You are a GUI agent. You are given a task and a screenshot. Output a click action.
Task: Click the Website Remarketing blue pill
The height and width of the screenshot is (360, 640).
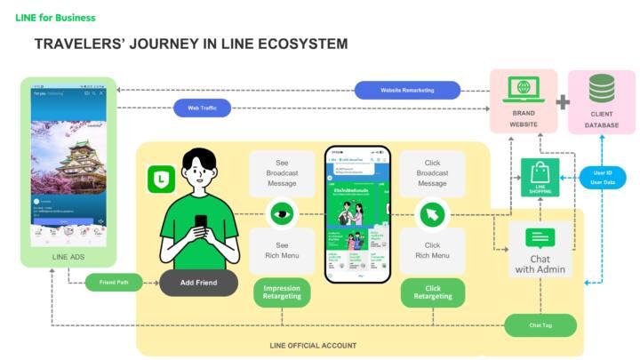click(x=407, y=90)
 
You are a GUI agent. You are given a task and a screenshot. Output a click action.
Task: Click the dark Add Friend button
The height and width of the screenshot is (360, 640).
click(x=199, y=283)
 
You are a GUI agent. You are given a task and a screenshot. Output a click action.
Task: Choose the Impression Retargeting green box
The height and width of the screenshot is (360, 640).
click(x=282, y=292)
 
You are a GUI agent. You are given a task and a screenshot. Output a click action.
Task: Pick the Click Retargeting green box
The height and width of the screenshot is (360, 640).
click(x=433, y=292)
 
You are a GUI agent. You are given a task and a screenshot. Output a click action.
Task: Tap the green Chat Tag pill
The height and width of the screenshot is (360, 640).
click(x=540, y=325)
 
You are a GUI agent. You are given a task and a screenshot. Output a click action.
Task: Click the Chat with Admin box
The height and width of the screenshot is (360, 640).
click(x=540, y=251)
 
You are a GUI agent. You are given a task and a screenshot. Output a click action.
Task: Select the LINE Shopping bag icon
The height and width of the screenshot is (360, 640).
click(x=540, y=176)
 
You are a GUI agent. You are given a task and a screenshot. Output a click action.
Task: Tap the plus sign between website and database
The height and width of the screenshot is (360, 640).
click(x=563, y=101)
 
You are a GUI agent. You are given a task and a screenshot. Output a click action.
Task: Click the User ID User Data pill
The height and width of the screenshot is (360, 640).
click(x=602, y=176)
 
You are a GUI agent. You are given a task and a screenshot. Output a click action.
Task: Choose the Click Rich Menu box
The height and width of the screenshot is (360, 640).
click(x=432, y=251)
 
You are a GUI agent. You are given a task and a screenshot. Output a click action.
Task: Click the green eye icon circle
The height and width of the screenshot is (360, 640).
click(x=282, y=212)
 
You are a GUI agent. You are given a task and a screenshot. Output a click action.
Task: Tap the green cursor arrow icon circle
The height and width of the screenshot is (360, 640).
click(x=432, y=212)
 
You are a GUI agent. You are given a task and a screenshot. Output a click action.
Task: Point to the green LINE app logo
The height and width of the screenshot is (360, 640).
click(x=161, y=179)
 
